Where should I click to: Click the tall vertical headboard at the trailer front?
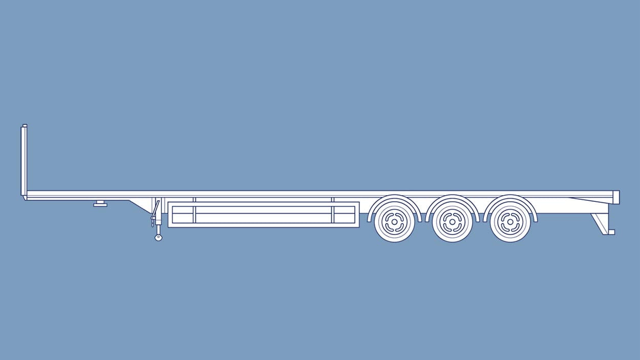[x=24, y=161]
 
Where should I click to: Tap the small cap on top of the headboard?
[x=25, y=125]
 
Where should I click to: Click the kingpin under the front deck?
[x=100, y=204]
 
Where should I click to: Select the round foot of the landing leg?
[x=158, y=238]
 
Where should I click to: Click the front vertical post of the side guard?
[x=195, y=213]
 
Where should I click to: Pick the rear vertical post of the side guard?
[x=333, y=213]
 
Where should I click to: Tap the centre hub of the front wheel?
[x=394, y=222]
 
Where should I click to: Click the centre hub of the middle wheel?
[x=453, y=222]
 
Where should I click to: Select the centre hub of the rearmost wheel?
[x=510, y=222]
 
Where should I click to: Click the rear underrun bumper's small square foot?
[x=611, y=232]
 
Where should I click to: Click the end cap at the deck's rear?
[x=616, y=197]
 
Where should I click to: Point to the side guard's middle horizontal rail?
[x=264, y=214]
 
